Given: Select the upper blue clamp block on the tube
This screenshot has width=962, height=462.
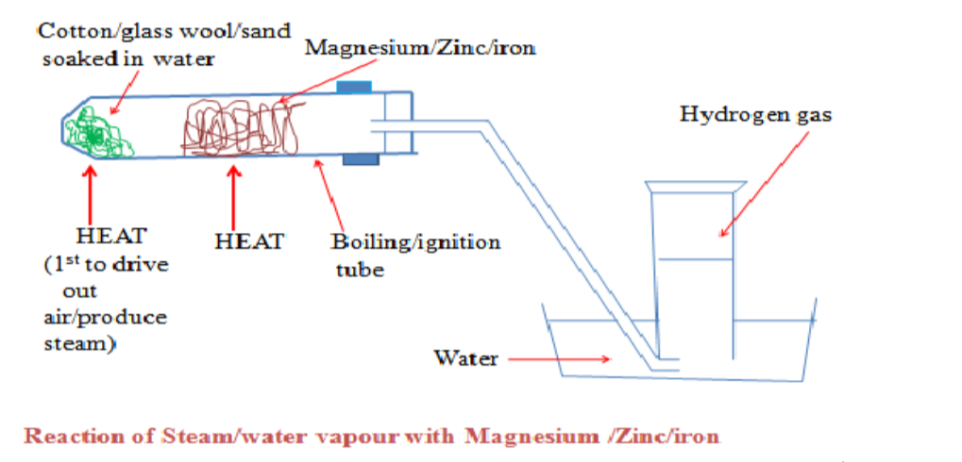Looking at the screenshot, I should click(x=354, y=88).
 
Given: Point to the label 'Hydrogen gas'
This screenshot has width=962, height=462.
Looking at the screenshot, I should click(x=755, y=115).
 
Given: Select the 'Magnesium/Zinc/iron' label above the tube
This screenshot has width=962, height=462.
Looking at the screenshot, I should click(x=420, y=47).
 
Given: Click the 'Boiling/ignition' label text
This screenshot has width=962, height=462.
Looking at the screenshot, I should click(x=415, y=241).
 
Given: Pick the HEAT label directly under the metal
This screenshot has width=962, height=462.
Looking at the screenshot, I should click(x=249, y=241).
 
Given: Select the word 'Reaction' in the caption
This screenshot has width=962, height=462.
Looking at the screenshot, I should click(x=76, y=437).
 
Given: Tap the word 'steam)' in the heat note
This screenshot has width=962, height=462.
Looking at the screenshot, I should click(x=80, y=345).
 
